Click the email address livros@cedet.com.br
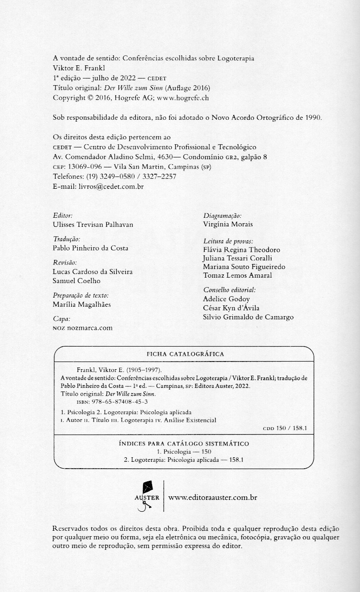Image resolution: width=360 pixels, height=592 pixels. coord(111,186)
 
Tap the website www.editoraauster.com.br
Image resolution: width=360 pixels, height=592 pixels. coord(213,498)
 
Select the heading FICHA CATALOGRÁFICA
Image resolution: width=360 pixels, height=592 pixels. coord(185,354)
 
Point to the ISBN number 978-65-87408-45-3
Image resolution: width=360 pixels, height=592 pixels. coord(117,402)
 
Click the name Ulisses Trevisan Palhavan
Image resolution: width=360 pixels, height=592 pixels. coord(93,225)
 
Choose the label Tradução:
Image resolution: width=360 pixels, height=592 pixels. coord(67,239)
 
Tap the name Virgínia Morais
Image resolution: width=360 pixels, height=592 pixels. coord(228,224)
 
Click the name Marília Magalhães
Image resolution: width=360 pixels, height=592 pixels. coord(82,305)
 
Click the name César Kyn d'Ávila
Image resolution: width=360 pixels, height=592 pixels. coord(231,308)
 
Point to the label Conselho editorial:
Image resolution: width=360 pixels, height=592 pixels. coord(229,289)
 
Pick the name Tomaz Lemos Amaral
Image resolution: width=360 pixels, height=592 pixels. coord(237,275)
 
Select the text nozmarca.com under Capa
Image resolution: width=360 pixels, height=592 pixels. coord(89,328)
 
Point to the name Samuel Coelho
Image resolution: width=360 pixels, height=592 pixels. coord(77,281)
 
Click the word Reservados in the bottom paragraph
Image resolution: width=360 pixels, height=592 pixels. coord(71,529)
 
